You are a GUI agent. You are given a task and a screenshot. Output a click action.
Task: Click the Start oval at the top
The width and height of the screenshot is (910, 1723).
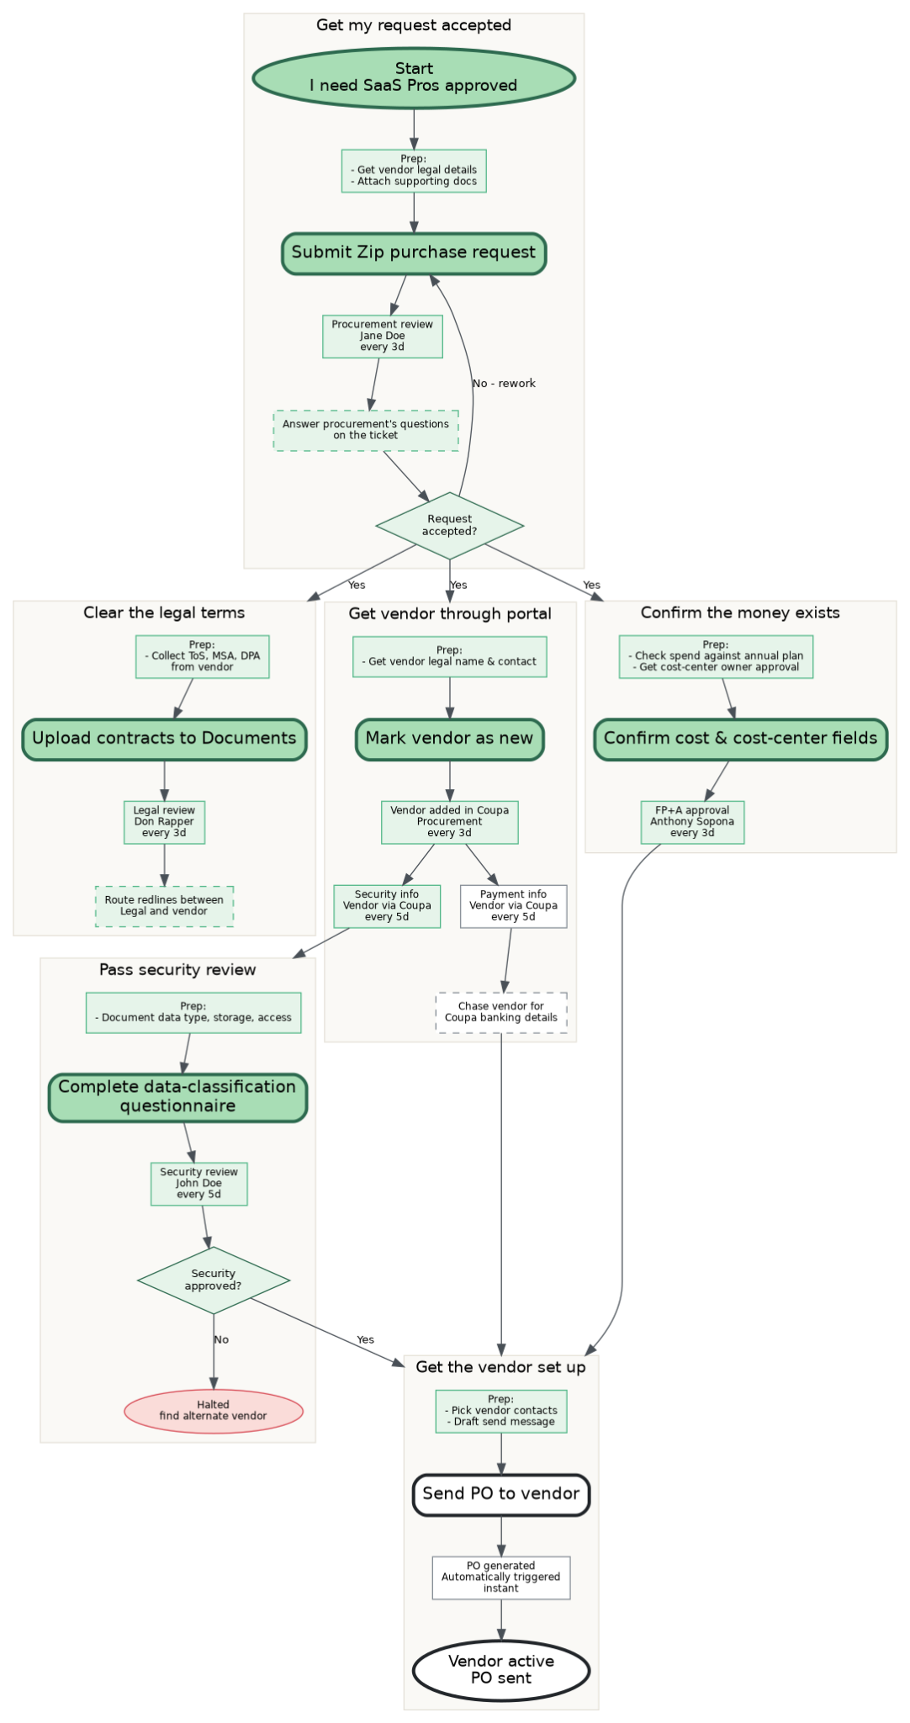(x=414, y=77)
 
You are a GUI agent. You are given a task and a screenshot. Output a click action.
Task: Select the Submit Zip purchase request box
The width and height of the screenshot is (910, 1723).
(x=414, y=252)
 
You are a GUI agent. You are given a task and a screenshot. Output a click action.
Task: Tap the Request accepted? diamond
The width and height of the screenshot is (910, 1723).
(x=450, y=526)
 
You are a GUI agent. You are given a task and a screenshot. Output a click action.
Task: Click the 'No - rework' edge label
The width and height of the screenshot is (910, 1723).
(x=504, y=384)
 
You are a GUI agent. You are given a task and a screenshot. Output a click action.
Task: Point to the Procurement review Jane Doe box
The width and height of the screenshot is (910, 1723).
(x=383, y=336)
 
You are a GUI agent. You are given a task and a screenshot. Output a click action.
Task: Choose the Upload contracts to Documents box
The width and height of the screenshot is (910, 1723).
(x=164, y=739)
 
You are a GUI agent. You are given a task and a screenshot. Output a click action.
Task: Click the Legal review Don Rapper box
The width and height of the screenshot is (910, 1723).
(x=164, y=822)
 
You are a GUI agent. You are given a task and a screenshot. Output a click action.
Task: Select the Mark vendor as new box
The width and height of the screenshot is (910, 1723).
(x=450, y=739)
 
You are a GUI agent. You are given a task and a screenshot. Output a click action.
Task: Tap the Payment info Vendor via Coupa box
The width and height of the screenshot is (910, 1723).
(x=514, y=906)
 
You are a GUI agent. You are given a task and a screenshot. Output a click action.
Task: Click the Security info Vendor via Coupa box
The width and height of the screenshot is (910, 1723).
(x=387, y=906)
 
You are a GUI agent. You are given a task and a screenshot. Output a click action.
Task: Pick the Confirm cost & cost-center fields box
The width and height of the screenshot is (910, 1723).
(x=741, y=739)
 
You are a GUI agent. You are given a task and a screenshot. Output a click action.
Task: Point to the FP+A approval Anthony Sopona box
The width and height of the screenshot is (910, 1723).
(x=692, y=822)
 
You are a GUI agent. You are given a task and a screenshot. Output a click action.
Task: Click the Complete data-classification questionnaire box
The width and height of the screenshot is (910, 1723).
(x=177, y=1097)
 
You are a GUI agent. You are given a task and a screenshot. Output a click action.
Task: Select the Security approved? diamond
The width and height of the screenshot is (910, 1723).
(x=214, y=1280)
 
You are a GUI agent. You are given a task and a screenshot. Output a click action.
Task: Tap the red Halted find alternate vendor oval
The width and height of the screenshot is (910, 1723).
(x=214, y=1410)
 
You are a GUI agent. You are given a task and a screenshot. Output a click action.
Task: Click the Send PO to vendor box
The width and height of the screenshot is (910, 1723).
(x=501, y=1494)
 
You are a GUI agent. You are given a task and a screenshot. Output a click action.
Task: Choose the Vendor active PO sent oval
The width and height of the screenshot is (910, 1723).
(x=501, y=1670)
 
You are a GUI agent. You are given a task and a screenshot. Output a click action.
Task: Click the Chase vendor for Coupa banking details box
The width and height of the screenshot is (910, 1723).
(x=501, y=1012)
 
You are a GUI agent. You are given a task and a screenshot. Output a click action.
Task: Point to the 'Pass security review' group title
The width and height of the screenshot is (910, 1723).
(x=177, y=970)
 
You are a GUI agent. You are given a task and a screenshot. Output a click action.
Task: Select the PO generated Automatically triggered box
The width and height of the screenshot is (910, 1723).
(x=501, y=1577)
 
